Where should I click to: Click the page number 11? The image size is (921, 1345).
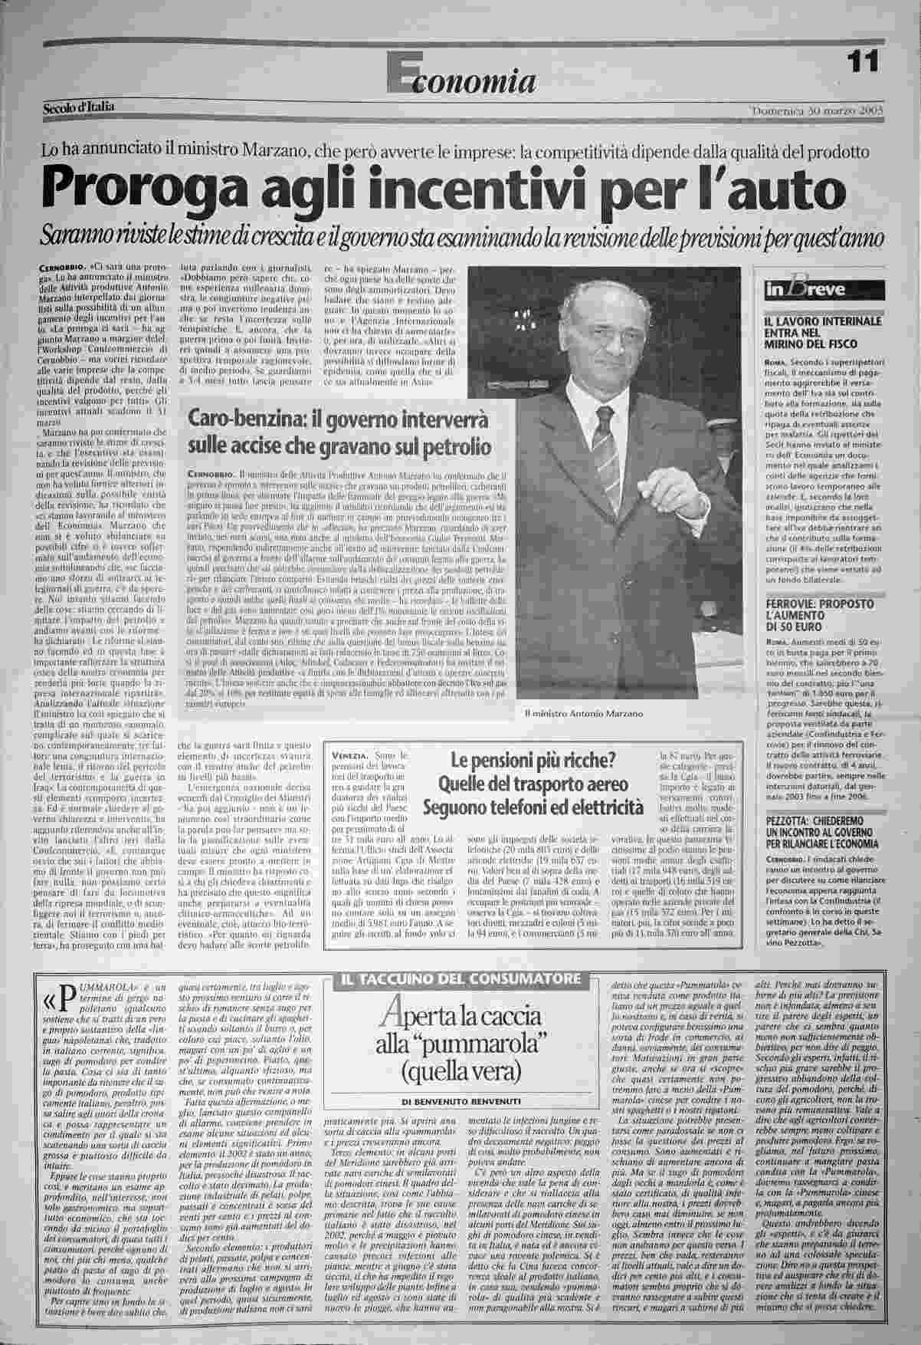[x=864, y=62]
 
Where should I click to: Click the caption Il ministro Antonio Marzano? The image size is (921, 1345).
[x=583, y=713]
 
